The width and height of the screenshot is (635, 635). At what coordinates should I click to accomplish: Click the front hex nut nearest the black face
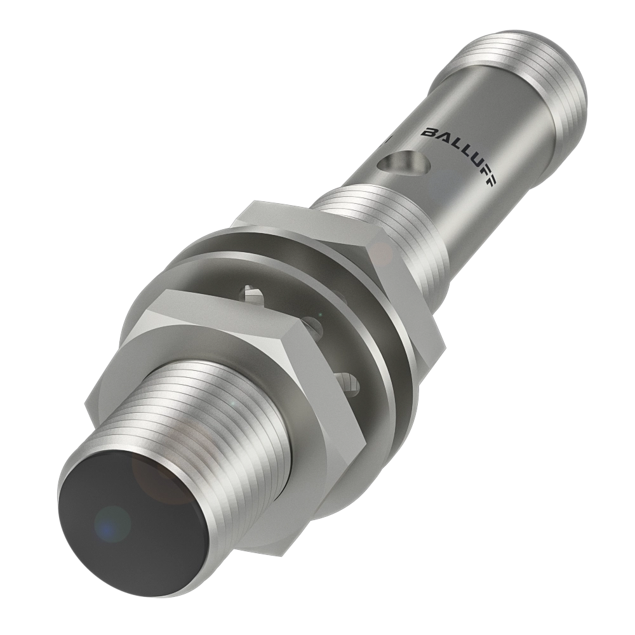click(210, 356)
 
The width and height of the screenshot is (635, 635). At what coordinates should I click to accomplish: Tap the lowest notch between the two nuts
click(349, 381)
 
